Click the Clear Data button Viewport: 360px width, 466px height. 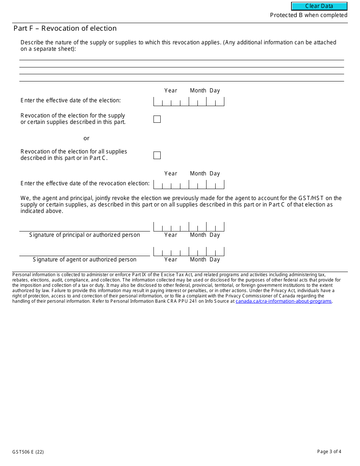(x=319, y=6)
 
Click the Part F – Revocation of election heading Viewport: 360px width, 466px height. (x=65, y=28)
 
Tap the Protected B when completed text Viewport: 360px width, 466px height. (x=308, y=15)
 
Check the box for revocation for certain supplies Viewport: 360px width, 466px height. (x=157, y=119)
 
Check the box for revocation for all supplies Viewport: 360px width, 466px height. (x=157, y=155)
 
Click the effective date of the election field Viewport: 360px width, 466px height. (x=189, y=102)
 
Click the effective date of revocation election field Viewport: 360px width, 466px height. (x=189, y=185)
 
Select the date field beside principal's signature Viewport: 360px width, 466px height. (x=189, y=227)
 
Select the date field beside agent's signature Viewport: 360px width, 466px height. (x=189, y=251)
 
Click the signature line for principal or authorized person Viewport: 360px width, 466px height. (x=85, y=227)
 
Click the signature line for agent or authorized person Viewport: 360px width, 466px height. (x=85, y=252)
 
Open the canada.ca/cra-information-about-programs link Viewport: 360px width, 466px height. (x=283, y=301)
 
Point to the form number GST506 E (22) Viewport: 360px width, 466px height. (x=28, y=452)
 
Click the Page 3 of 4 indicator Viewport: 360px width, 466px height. (x=329, y=451)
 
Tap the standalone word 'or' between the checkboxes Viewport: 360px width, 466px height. (x=86, y=138)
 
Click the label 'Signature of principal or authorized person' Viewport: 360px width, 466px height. (x=85, y=235)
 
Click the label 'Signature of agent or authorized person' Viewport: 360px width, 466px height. (x=85, y=260)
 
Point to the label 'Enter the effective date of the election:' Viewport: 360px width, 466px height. (x=70, y=100)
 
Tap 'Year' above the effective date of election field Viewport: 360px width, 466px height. (x=171, y=91)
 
